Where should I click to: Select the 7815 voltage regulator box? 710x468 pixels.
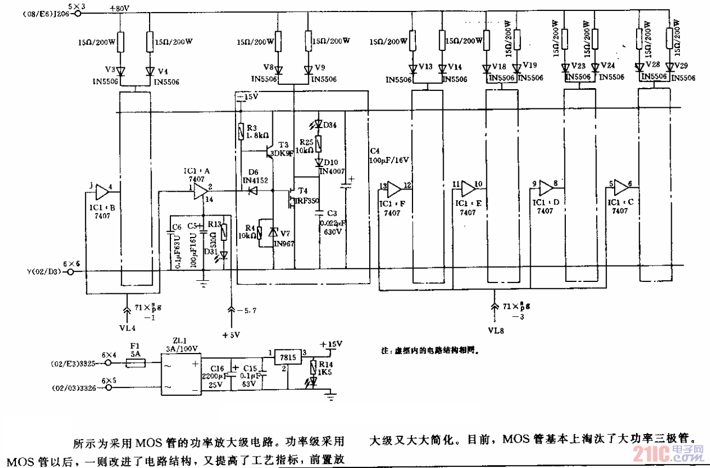coord(288,357)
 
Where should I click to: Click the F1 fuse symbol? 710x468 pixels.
coord(136,362)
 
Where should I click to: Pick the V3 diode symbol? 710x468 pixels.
coord(121,71)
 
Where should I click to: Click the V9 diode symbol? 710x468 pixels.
coord(308,70)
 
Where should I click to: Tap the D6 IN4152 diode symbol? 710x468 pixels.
coord(252,191)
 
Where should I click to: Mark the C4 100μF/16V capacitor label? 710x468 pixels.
coord(390,155)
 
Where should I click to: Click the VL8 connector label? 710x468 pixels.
coord(495,331)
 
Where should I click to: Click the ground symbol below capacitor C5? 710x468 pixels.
coord(204,283)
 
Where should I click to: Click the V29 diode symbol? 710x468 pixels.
coord(669,67)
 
